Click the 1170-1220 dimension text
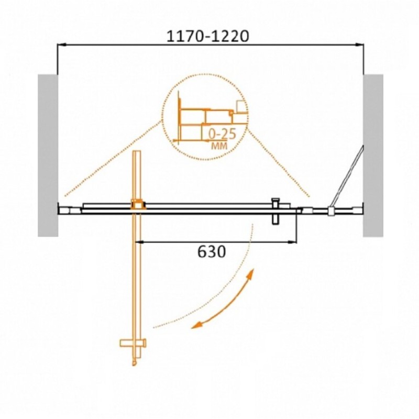click(207, 36)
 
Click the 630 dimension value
click(212, 251)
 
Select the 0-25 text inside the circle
click(222, 134)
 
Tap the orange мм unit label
click(219, 146)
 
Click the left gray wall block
click(48, 155)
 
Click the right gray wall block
click(373, 155)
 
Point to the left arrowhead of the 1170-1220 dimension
click(61, 45)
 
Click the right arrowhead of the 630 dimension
click(293, 242)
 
